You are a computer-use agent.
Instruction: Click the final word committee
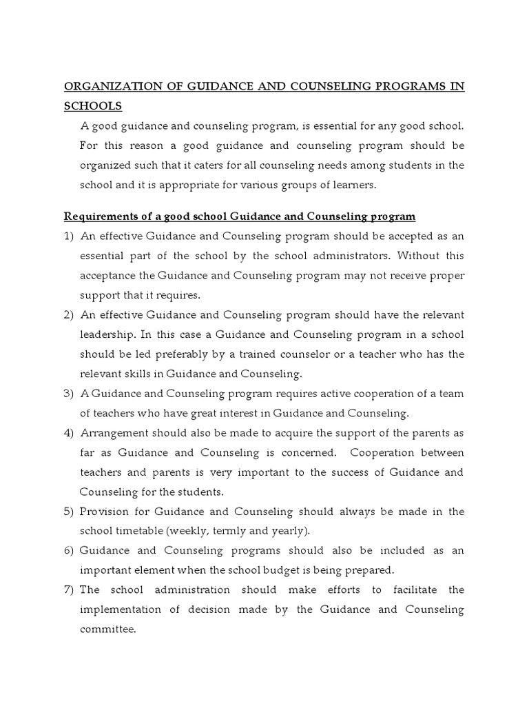108,629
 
